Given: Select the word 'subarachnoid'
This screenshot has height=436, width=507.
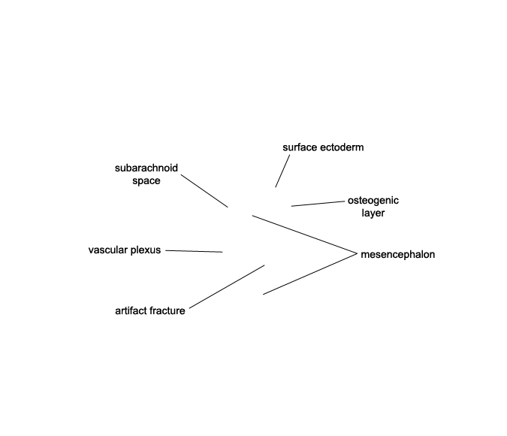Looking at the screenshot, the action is [146, 168].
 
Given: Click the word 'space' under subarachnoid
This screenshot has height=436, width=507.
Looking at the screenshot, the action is [146, 181].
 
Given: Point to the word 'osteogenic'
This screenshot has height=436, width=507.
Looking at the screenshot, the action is [373, 201].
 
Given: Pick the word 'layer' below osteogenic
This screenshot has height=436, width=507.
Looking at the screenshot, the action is [373, 213].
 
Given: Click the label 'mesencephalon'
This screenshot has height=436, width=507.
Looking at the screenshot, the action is [397, 254].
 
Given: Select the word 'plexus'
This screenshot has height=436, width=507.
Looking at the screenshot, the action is [146, 250].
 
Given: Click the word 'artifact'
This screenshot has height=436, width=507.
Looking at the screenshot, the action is [131, 310].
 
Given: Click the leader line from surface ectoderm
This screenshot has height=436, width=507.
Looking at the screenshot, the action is [282, 171].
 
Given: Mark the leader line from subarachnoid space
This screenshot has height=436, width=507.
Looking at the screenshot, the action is [204, 191].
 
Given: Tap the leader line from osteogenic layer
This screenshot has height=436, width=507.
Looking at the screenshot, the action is [318, 204].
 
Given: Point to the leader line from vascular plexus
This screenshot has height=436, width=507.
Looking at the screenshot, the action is [194, 251].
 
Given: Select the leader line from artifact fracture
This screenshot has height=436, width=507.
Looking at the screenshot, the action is [227, 286].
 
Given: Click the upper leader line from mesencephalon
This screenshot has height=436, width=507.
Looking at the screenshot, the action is [305, 235].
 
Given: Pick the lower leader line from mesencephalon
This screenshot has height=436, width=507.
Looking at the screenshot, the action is [310, 274].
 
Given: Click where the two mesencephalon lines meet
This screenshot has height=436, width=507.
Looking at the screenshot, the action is [357, 253].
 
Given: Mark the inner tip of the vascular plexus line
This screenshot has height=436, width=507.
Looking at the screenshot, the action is [222, 252].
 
